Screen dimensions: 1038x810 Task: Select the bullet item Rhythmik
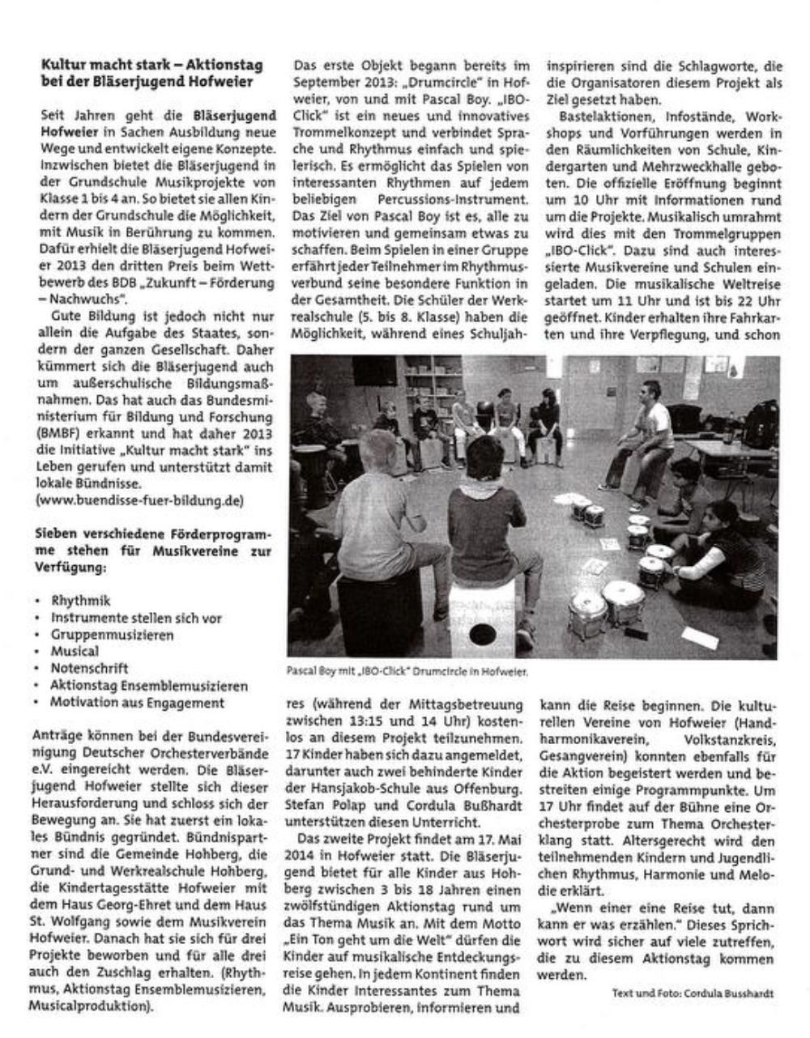tap(80, 601)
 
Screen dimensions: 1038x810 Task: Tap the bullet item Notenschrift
tap(89, 669)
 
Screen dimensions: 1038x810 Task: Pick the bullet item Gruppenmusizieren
tap(112, 635)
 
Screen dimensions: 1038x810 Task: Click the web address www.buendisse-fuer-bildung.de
tap(140, 501)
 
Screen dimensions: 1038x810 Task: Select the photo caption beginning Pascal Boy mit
tap(407, 671)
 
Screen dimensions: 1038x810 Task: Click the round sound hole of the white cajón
tap(481, 632)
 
